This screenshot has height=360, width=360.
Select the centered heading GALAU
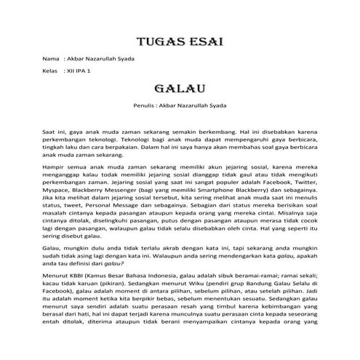(180, 89)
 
